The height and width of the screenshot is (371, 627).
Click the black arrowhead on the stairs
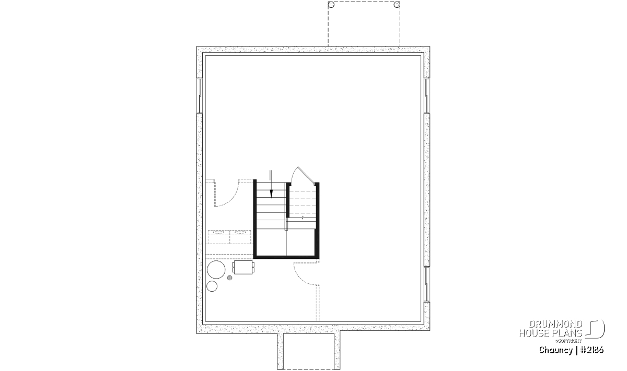tap(271, 194)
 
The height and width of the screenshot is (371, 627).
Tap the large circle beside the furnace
tap(216, 270)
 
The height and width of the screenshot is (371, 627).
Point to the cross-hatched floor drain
tap(229, 278)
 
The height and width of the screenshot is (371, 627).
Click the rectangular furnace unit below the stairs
tap(243, 267)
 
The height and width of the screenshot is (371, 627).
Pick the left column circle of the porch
tap(331, 5)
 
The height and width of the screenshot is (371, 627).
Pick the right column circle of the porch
tap(397, 5)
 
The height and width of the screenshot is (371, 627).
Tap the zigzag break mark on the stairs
tap(303, 217)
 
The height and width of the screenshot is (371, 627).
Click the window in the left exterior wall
tap(200, 95)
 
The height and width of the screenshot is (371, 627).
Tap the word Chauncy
tap(556, 350)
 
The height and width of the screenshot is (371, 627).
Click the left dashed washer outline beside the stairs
tap(218, 237)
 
